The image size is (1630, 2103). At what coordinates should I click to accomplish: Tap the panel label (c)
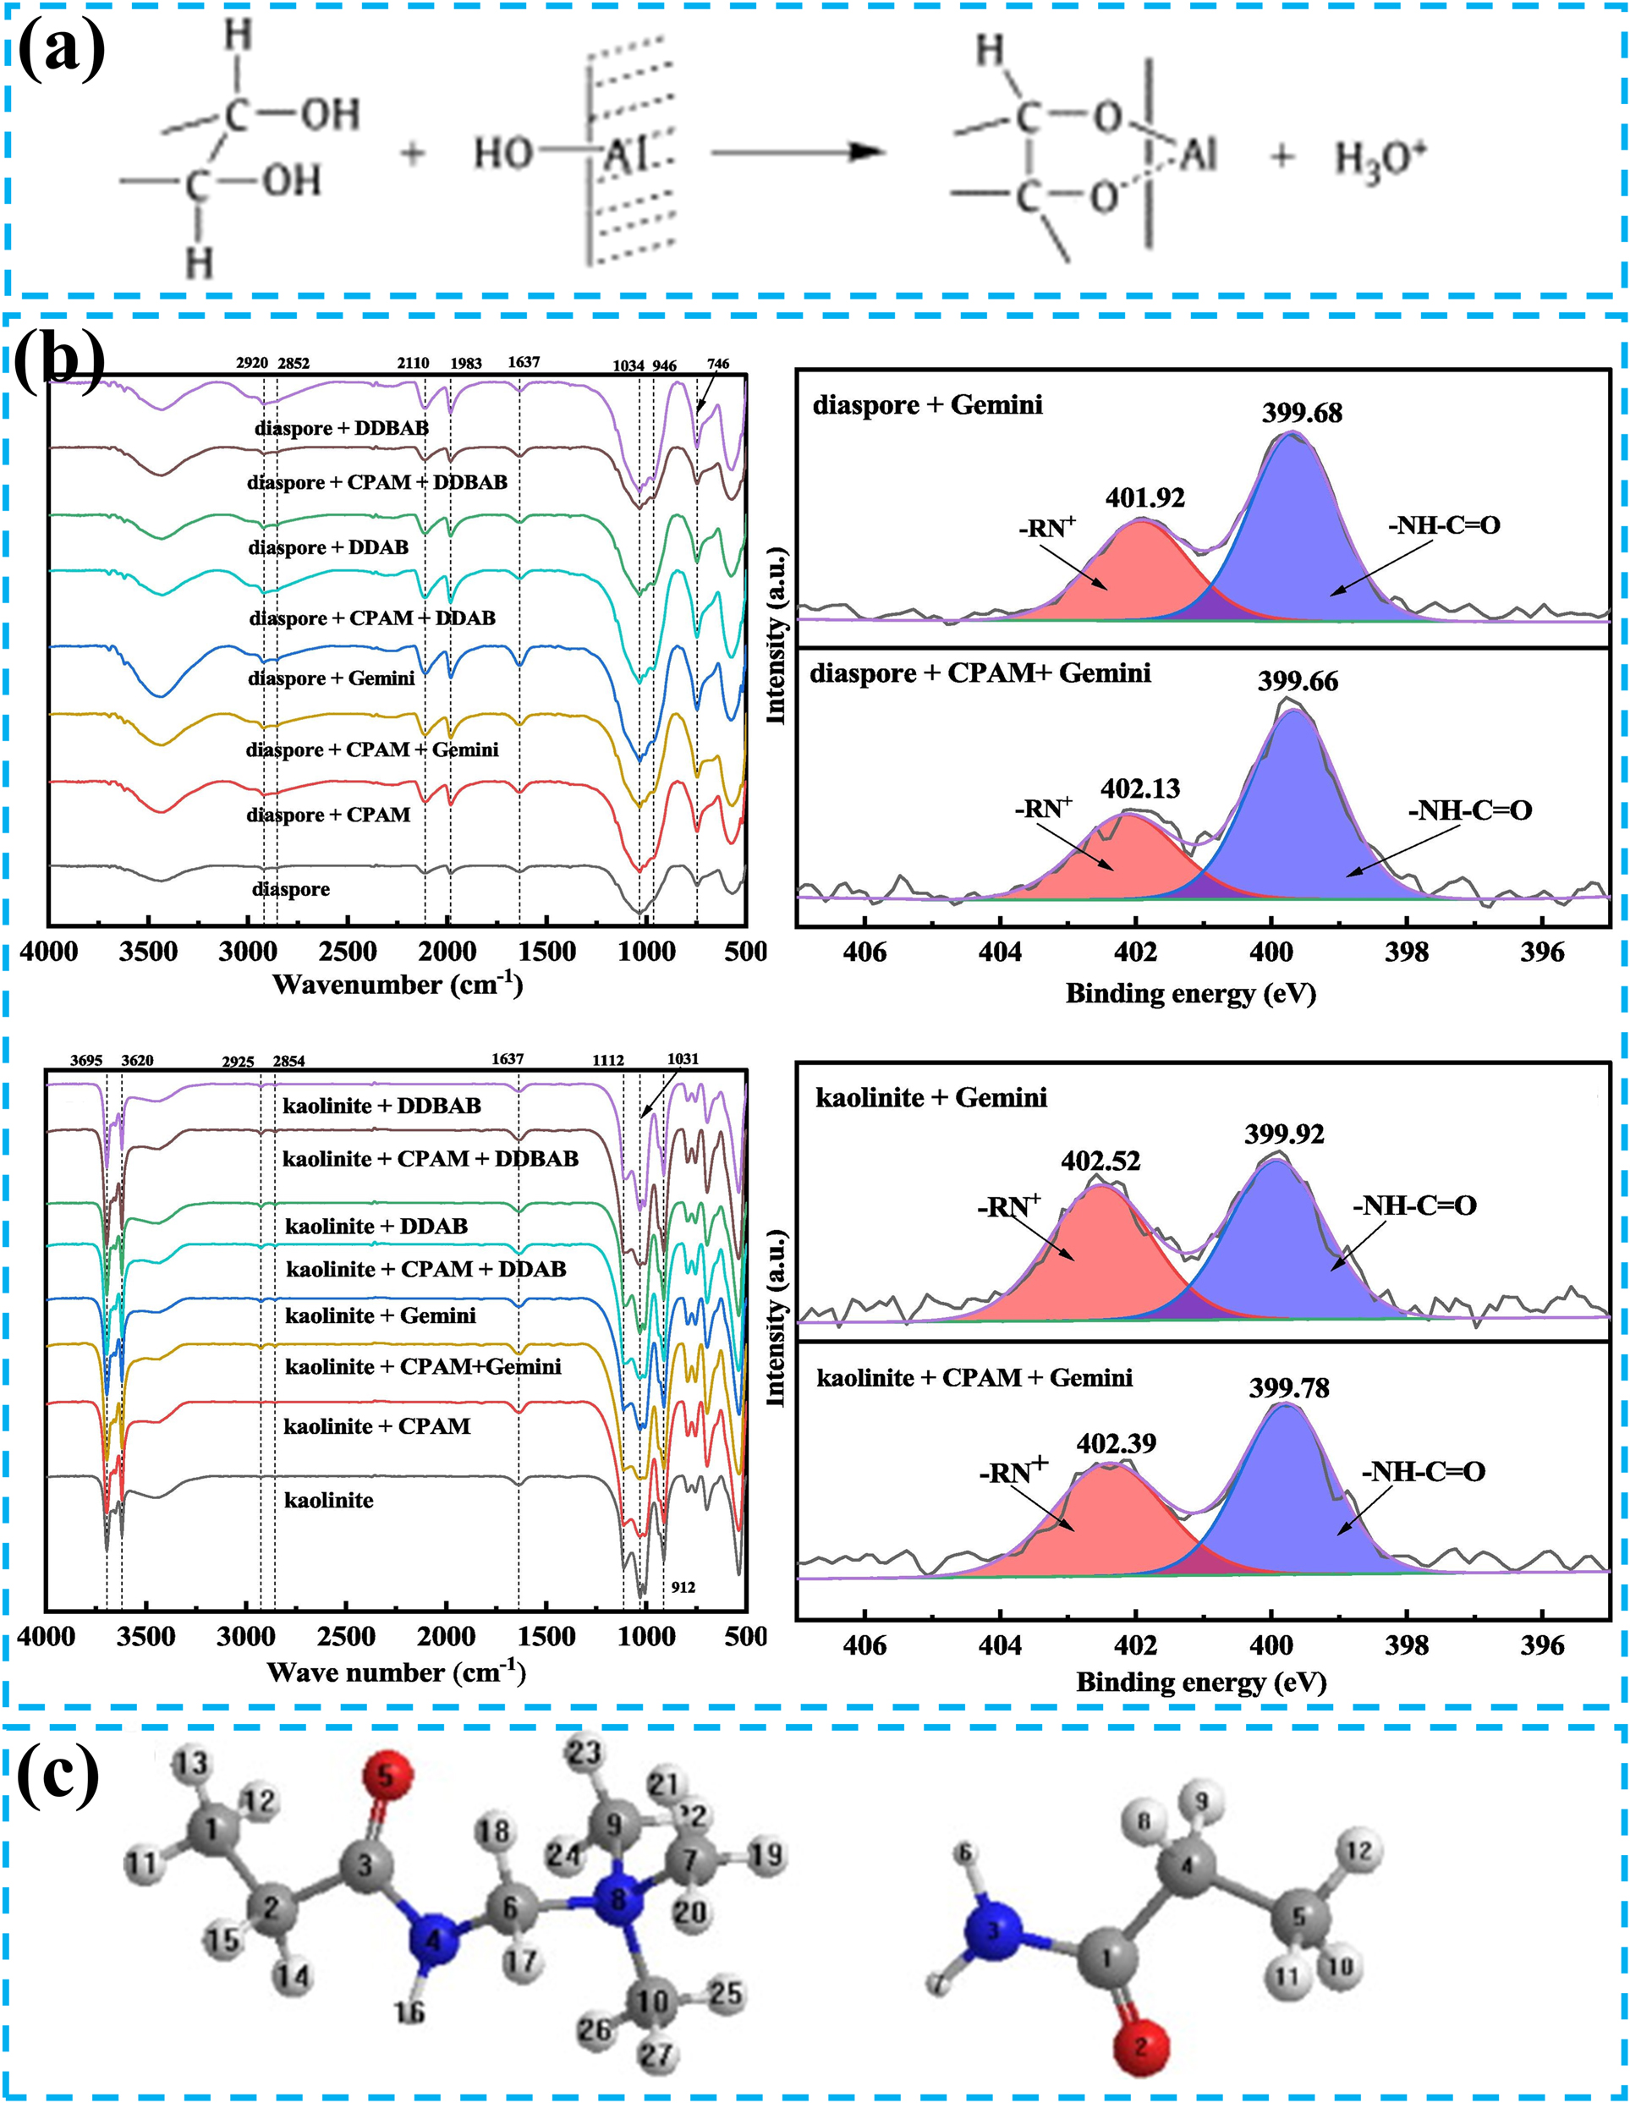pos(58,1774)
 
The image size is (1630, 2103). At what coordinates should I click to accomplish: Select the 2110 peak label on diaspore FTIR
pos(413,363)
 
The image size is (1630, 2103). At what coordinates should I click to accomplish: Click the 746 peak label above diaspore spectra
pos(718,364)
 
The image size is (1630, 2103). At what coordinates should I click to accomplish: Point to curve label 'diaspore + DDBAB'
pos(341,427)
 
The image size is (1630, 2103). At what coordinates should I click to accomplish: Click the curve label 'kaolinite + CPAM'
pos(376,1426)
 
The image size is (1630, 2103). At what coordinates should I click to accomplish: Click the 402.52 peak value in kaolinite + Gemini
pos(1100,1161)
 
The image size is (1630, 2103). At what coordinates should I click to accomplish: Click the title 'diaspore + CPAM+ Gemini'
pos(980,673)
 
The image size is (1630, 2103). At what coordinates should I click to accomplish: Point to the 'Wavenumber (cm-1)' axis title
pos(397,984)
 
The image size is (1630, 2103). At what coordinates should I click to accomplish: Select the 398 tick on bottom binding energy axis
pos(1407,1645)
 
